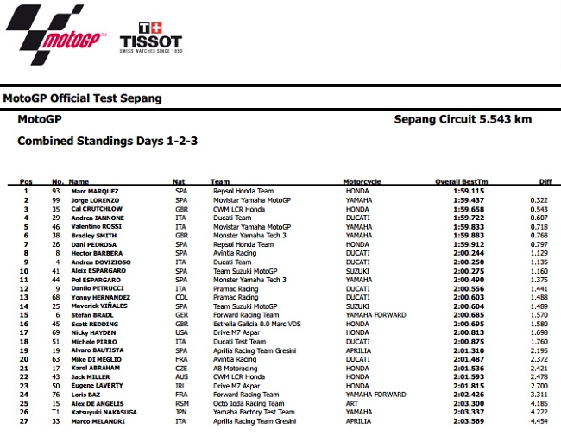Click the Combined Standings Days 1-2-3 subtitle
tap(108, 140)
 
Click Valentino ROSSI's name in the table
tap(95, 226)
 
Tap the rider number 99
tap(55, 199)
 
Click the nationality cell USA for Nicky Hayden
tap(180, 332)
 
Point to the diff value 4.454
tap(539, 420)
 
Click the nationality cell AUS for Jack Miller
tap(180, 376)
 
